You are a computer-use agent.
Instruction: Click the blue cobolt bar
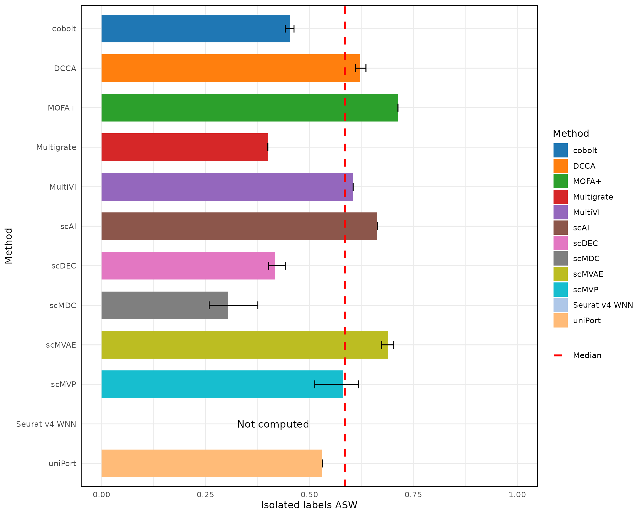[195, 29]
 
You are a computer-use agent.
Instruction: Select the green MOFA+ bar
[249, 108]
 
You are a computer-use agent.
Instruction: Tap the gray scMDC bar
[165, 306]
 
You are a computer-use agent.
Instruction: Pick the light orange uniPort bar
[212, 463]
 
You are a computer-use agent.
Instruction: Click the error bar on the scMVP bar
[337, 385]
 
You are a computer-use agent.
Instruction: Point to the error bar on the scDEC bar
[277, 266]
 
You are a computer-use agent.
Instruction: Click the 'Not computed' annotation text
[273, 424]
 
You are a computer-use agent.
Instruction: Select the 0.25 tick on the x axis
[205, 495]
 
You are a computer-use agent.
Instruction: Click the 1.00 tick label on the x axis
[517, 495]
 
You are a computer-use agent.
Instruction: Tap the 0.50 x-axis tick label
[309, 495]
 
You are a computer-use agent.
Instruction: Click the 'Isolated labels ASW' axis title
[309, 505]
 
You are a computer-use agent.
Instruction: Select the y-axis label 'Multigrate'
[56, 148]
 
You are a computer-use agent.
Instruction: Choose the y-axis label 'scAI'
[68, 227]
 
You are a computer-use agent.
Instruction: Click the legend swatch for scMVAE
[560, 274]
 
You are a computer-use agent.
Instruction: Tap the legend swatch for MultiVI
[560, 212]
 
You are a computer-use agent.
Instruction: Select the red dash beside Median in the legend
[558, 355]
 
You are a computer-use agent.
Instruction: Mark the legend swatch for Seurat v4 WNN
[560, 305]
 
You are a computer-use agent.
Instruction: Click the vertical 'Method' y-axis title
[9, 246]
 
